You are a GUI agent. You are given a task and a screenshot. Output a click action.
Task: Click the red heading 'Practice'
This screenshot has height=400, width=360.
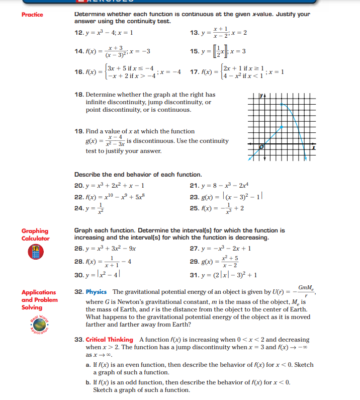(x=32, y=15)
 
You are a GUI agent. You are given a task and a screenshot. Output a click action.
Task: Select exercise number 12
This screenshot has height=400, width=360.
(x=79, y=33)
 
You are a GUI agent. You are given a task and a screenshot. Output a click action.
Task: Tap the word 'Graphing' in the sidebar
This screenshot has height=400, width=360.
(x=35, y=231)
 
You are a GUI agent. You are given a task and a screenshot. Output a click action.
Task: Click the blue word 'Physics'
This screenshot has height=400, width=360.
(x=97, y=292)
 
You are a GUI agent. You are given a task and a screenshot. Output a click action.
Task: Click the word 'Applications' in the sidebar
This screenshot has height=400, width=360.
(x=39, y=292)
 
